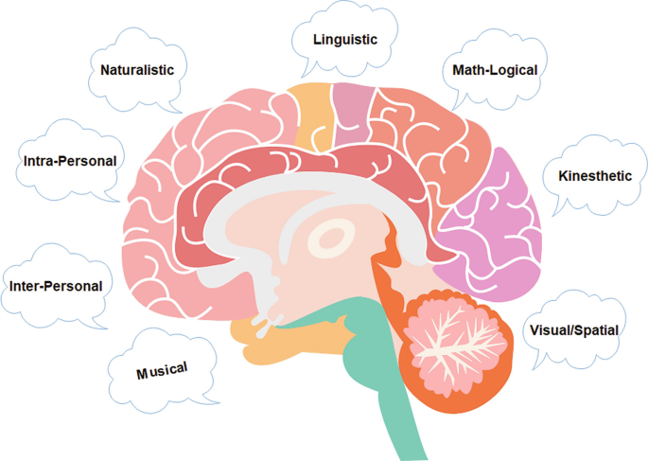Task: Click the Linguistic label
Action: pos(345,40)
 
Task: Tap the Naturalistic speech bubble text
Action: pos(144,69)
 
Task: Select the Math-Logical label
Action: pos(494,70)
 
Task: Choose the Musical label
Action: pos(162,370)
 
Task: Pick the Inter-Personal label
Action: pos(55,285)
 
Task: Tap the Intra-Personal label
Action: pos(69,161)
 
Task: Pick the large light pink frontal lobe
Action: pos(170,208)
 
